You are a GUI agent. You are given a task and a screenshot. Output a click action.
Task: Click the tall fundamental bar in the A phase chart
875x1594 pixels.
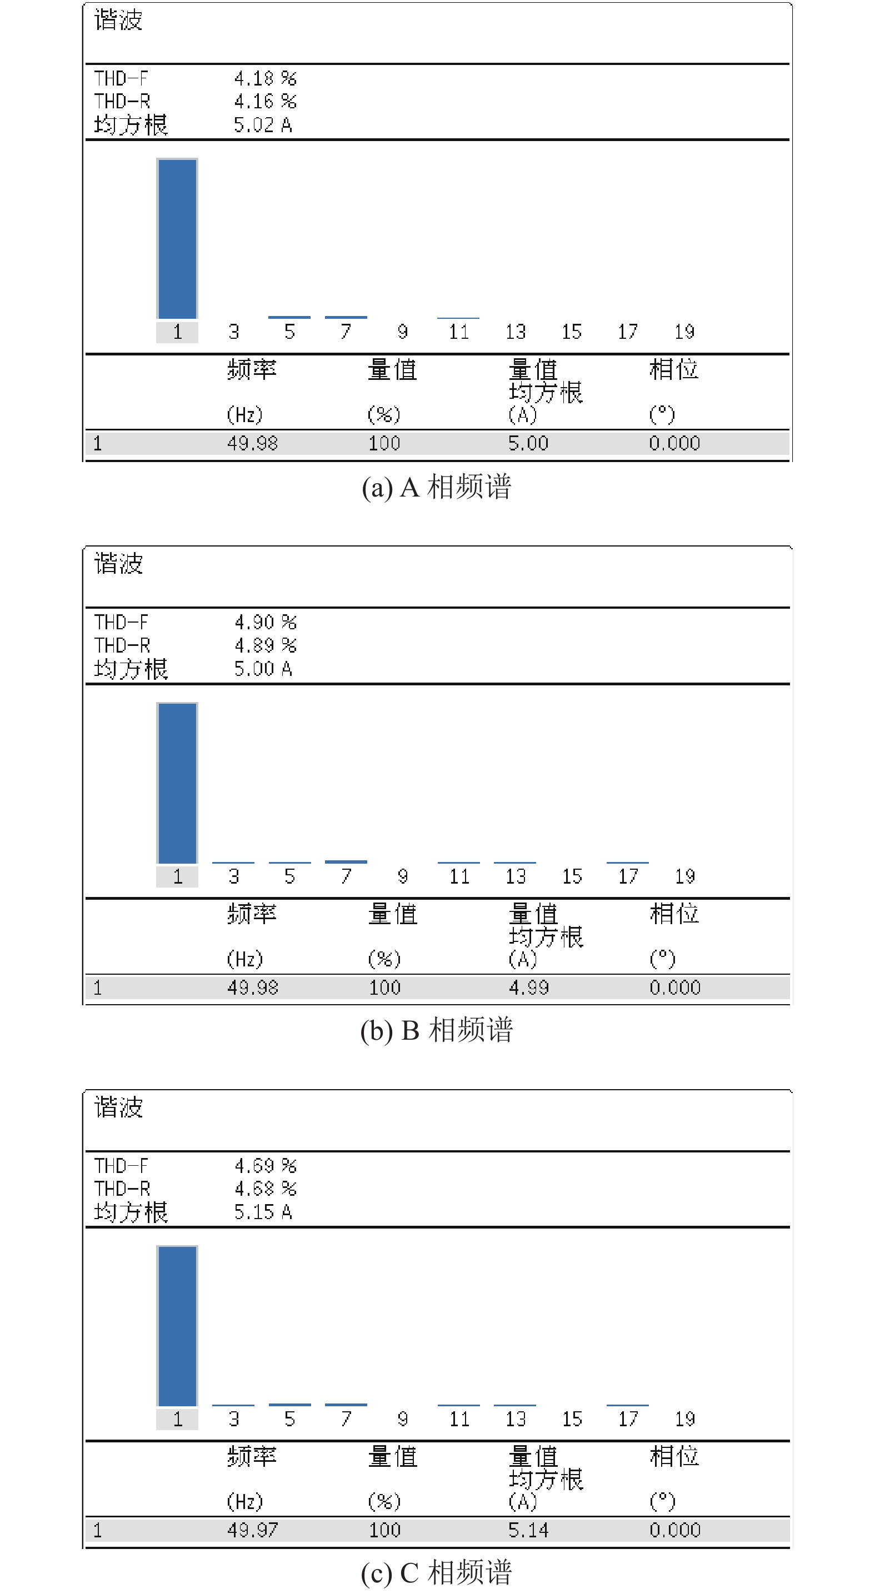pyautogui.click(x=178, y=239)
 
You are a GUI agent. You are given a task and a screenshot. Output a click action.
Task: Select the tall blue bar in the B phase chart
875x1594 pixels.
pyautogui.click(x=178, y=783)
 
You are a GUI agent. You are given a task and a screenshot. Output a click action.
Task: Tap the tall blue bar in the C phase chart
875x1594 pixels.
pyautogui.click(x=178, y=1326)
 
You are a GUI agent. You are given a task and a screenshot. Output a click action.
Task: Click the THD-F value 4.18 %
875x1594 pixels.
pyautogui.click(x=266, y=78)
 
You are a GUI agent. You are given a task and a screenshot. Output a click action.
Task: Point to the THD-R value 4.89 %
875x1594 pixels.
pyautogui.click(x=266, y=645)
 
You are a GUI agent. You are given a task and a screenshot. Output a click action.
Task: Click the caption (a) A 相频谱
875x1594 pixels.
pyautogui.click(x=437, y=488)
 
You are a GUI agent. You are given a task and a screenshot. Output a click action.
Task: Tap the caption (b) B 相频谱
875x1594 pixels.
pyautogui.click(x=437, y=1031)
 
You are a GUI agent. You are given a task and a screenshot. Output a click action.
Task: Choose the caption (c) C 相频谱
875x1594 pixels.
pyautogui.click(x=437, y=1573)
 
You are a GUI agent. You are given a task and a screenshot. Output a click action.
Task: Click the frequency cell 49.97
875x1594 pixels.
pyautogui.click(x=252, y=1530)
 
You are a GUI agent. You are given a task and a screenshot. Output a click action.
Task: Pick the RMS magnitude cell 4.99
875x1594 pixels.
pyautogui.click(x=528, y=987)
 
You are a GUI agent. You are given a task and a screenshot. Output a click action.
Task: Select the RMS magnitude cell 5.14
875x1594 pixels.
pyautogui.click(x=528, y=1530)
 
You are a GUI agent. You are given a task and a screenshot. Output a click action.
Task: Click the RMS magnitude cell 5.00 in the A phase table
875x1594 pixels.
pyautogui.click(x=528, y=443)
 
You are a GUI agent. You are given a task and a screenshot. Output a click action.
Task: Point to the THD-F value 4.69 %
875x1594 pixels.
pyautogui.click(x=266, y=1166)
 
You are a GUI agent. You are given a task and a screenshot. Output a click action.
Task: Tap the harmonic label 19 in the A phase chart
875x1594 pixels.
pyautogui.click(x=684, y=332)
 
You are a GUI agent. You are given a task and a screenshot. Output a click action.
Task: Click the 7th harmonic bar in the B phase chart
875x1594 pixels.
pyautogui.click(x=346, y=861)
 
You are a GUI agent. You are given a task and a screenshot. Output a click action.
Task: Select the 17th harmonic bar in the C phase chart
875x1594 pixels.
pyautogui.click(x=627, y=1405)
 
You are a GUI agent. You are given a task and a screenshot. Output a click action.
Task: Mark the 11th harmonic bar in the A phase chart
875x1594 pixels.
pyautogui.click(x=458, y=318)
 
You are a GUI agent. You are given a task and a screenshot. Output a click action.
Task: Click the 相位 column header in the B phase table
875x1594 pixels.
pyautogui.click(x=674, y=914)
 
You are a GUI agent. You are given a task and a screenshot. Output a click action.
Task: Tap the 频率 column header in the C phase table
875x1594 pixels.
pyautogui.click(x=252, y=1457)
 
